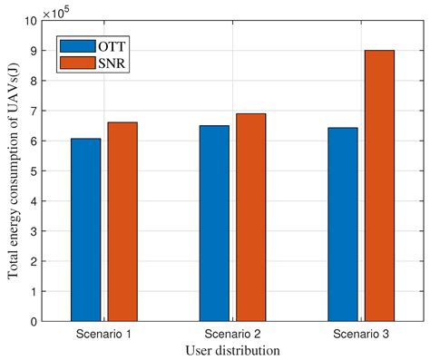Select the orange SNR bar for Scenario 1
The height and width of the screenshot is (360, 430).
[x=122, y=221]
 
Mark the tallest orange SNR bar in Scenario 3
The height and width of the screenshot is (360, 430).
[x=379, y=185]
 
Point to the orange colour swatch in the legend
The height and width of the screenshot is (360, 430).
[x=76, y=63]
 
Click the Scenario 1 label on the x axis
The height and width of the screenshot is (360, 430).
[x=104, y=335]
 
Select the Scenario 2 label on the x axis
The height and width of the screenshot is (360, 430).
[x=232, y=335]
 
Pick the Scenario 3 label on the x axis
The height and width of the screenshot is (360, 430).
[x=361, y=335]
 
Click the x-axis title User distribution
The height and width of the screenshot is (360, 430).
[x=232, y=350]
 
